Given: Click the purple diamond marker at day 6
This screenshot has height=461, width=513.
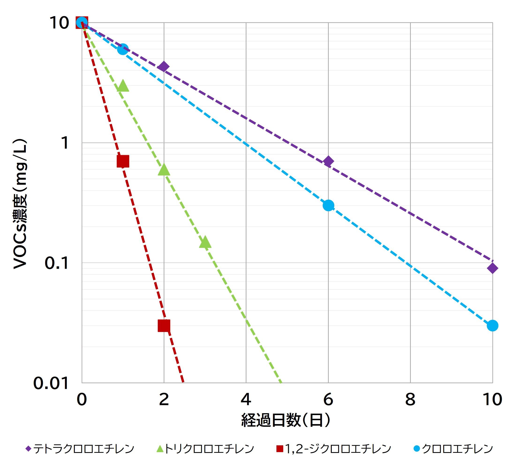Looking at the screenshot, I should [328, 161].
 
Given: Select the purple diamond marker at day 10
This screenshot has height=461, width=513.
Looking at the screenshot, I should [492, 268].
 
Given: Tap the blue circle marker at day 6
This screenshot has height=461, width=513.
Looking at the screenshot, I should [328, 205].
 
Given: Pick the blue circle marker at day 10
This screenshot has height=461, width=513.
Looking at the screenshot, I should [492, 325].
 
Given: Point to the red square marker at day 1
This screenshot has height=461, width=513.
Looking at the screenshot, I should [123, 161].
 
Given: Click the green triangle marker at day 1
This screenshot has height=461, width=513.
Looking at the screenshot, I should [123, 86].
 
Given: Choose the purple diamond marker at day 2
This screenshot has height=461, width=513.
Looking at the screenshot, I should [163, 67].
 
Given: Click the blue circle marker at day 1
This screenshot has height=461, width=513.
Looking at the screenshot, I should [123, 49].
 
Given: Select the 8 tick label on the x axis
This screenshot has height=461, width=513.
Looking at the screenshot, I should [410, 400].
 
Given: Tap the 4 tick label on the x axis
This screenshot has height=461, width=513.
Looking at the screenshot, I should [246, 400].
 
